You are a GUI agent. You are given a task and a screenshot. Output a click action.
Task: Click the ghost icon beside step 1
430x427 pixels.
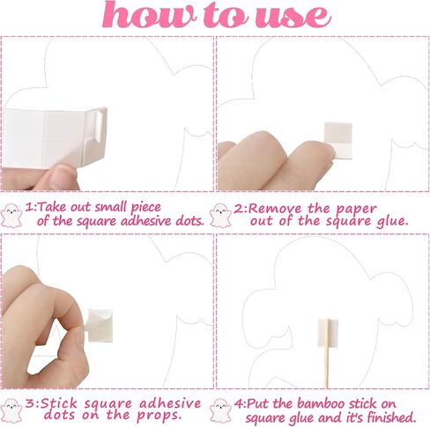click(x=11, y=215)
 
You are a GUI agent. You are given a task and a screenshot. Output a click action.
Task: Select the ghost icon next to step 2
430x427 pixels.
click(x=221, y=216)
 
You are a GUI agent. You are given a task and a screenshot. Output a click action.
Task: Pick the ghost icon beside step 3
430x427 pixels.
click(x=11, y=410)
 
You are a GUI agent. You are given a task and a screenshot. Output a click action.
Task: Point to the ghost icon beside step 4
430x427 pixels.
click(x=221, y=410)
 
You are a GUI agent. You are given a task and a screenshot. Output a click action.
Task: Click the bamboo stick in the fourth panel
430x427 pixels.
click(x=326, y=354)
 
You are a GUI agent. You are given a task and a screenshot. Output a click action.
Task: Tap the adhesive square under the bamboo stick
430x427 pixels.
click(x=328, y=334)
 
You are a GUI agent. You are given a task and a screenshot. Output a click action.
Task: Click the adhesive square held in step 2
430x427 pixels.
click(x=338, y=141)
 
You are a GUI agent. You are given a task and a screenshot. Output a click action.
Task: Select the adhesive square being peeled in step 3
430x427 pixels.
click(x=100, y=325)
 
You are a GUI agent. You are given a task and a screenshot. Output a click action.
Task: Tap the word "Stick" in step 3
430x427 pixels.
click(x=59, y=403)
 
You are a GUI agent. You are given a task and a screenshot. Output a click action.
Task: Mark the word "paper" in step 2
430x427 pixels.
click(x=357, y=209)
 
